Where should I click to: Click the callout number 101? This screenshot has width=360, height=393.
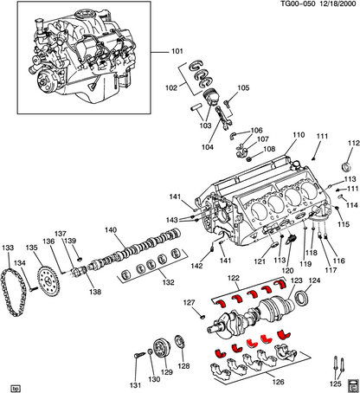[177, 51]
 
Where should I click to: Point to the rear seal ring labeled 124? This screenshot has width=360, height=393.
[301, 299]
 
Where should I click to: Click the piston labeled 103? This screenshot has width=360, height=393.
[211, 97]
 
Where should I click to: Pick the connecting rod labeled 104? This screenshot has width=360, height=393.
[223, 118]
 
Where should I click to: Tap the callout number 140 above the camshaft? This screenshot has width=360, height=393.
[111, 230]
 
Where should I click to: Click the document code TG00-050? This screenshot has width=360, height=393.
[299, 4]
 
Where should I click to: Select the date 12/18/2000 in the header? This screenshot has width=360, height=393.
[337, 4]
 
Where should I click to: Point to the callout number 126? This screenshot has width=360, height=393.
[278, 382]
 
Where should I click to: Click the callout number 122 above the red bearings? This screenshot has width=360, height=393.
[234, 278]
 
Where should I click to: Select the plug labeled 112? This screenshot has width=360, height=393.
[346, 167]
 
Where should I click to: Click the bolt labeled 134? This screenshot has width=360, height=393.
[34, 288]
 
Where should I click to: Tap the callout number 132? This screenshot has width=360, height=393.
[168, 282]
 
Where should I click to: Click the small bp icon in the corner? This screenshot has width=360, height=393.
[16, 389]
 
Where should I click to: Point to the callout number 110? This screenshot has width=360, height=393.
[299, 135]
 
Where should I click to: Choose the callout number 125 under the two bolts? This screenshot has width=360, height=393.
[336, 384]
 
